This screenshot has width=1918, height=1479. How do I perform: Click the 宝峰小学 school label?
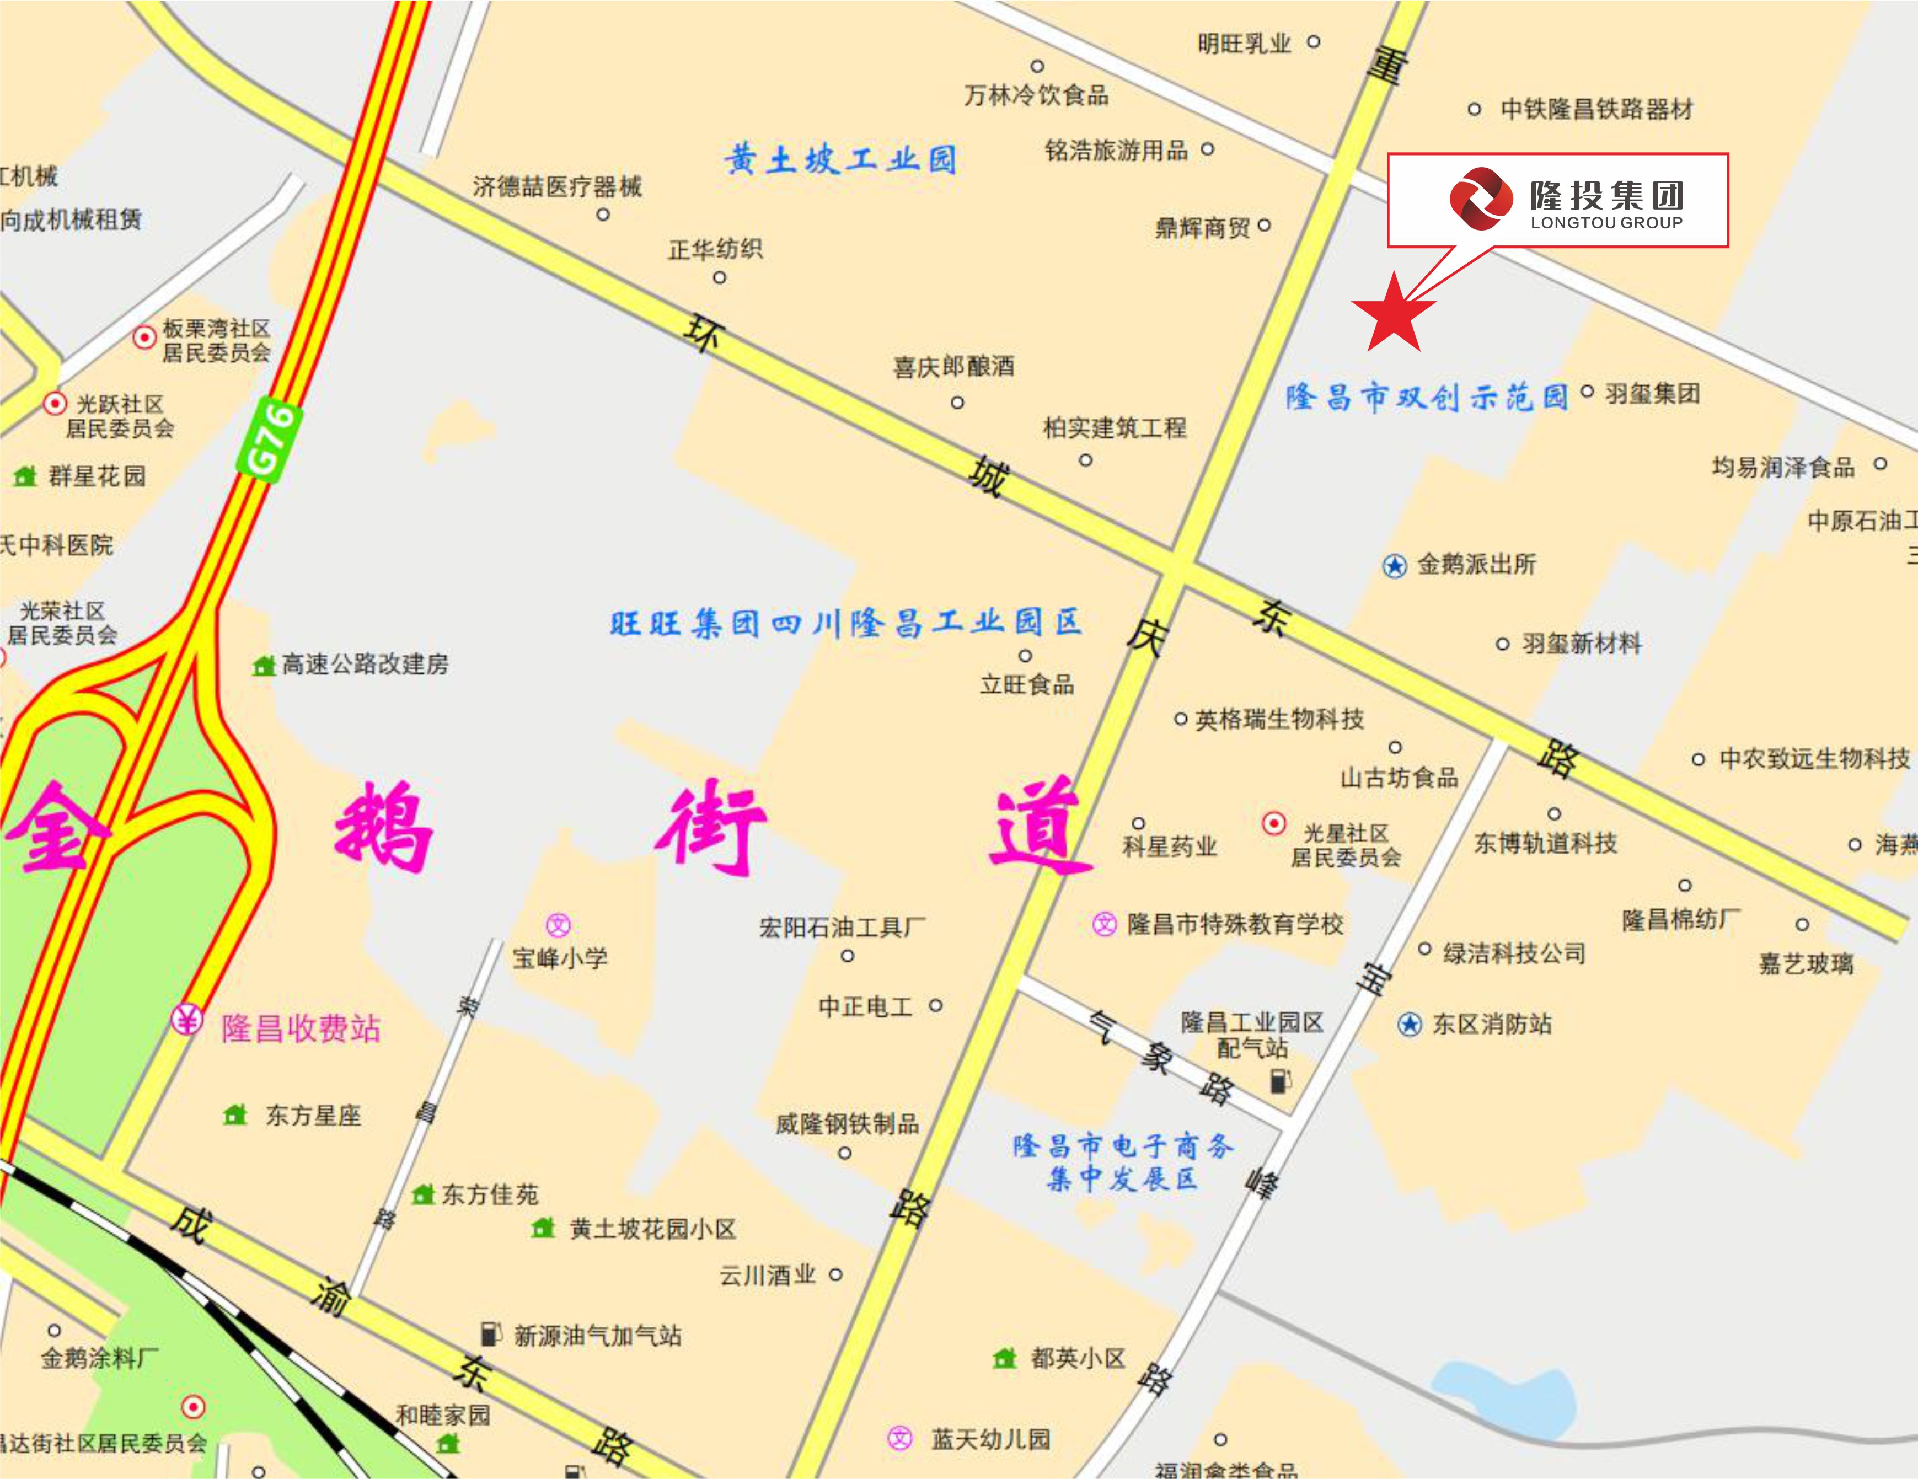560,957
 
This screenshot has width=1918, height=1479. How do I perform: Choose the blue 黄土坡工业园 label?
840,160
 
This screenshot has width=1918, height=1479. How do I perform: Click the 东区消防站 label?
1492,1024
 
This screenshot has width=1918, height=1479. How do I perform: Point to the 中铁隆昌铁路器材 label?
1596,109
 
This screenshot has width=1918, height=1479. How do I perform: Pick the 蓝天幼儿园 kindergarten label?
990,1439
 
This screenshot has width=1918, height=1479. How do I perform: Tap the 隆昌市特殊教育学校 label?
1235,924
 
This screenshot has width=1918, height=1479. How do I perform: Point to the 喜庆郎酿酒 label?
953,366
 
